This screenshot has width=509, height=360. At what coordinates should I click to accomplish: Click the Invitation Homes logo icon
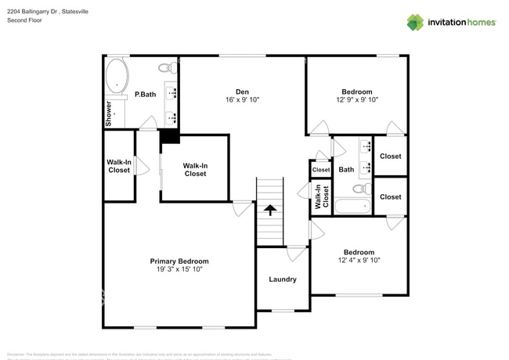414,22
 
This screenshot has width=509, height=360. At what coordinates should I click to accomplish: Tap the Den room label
242,92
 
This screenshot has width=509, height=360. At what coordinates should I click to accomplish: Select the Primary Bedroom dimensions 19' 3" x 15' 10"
179,271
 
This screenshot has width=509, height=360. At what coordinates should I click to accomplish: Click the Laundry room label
282,279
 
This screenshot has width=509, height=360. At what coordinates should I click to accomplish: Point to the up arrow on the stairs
269,209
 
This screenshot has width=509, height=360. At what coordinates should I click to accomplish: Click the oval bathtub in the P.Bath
117,77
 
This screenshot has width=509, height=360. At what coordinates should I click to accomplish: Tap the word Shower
109,113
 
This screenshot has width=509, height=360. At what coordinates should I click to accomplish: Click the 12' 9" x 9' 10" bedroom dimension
357,100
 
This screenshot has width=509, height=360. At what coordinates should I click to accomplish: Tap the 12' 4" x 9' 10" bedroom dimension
359,261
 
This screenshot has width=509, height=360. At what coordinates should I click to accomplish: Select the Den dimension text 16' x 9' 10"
242,100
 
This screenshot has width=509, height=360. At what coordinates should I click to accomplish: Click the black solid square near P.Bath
169,137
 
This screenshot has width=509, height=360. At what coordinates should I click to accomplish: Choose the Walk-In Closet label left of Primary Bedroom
119,166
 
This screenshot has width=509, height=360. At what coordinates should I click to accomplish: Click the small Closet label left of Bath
321,170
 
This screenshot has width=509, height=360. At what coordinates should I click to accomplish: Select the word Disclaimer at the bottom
17,355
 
